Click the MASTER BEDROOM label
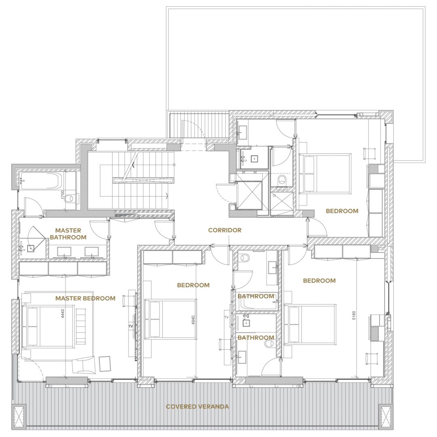click(x=85, y=298)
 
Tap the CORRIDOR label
click(x=225, y=230)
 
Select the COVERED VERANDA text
click(x=197, y=407)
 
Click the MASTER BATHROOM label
click(x=68, y=234)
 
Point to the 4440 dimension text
click(x=63, y=314)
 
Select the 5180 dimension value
click(x=354, y=315)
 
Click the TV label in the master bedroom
click(x=131, y=327)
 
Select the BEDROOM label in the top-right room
click(x=342, y=211)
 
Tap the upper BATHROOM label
click(x=256, y=296)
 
